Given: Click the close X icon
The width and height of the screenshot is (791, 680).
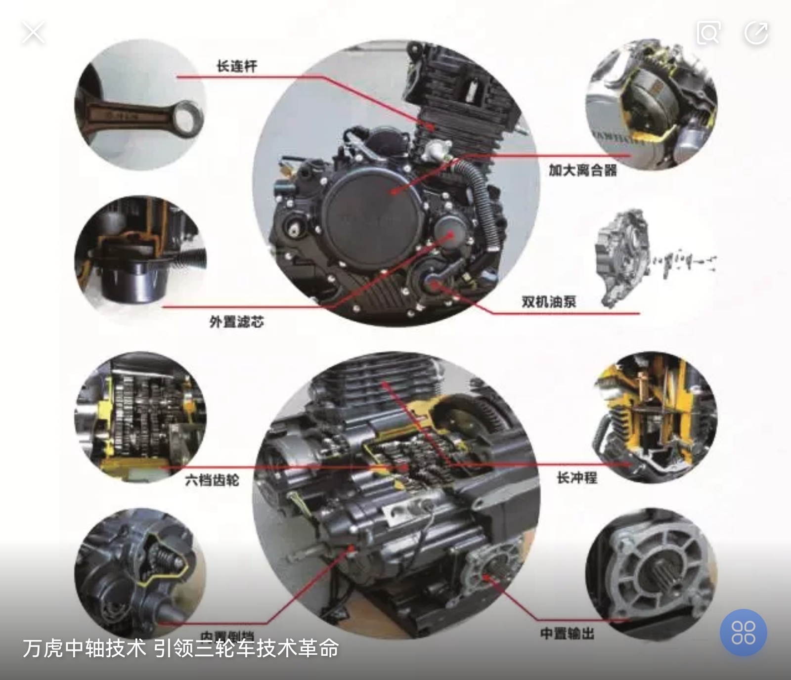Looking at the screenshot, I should (33, 33).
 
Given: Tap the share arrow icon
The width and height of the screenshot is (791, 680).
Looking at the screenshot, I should (756, 33).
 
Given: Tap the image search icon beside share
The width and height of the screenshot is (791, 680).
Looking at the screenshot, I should (708, 33).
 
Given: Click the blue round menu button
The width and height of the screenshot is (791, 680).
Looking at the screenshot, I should (743, 632).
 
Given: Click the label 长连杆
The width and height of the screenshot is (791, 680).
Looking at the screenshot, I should (237, 66).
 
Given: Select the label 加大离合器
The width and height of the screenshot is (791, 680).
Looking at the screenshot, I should (583, 170).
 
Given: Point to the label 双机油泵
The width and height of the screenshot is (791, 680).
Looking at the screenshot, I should (549, 301).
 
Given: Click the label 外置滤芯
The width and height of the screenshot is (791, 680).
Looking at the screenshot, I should (236, 322).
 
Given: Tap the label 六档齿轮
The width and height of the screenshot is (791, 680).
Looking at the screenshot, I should (212, 479).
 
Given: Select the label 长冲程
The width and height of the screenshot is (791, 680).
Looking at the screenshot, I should (577, 478).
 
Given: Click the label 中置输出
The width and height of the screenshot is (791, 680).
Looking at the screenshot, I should (567, 634).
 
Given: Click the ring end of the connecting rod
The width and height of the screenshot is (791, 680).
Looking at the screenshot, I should (188, 118).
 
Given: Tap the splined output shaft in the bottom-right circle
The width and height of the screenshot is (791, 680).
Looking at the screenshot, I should (662, 578).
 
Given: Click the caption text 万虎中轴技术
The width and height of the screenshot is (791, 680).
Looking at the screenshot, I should (84, 648).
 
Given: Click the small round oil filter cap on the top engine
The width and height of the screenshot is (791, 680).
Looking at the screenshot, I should (451, 232).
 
